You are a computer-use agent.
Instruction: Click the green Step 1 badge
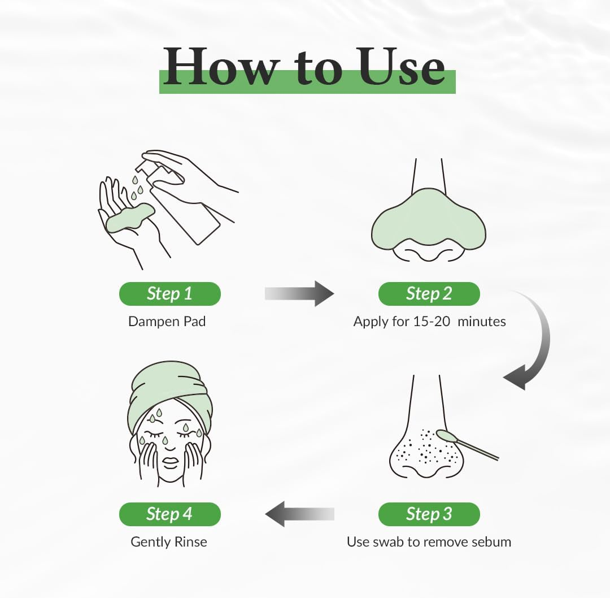(x=169, y=294)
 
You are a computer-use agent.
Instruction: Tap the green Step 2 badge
(x=429, y=294)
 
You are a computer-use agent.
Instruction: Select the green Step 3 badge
(x=429, y=514)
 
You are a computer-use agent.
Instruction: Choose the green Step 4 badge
(x=169, y=514)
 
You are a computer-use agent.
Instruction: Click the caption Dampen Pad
(x=167, y=322)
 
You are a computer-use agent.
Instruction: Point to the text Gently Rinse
(x=169, y=541)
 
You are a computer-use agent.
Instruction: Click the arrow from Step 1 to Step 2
(x=299, y=293)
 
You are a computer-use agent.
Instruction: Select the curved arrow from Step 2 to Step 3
(x=534, y=345)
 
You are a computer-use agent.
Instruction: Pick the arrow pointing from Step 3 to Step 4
(x=299, y=514)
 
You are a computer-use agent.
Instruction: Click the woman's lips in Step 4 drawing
(x=169, y=461)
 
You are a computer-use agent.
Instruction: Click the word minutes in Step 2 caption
(x=481, y=322)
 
